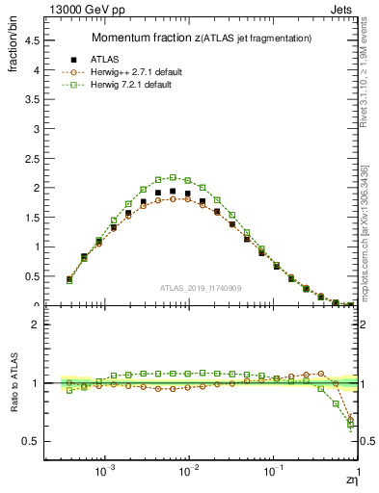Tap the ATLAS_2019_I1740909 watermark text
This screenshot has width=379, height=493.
[x=201, y=289]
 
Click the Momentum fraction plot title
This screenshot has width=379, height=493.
[x=201, y=38]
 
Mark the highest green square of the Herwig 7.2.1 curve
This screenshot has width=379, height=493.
[x=173, y=177]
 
